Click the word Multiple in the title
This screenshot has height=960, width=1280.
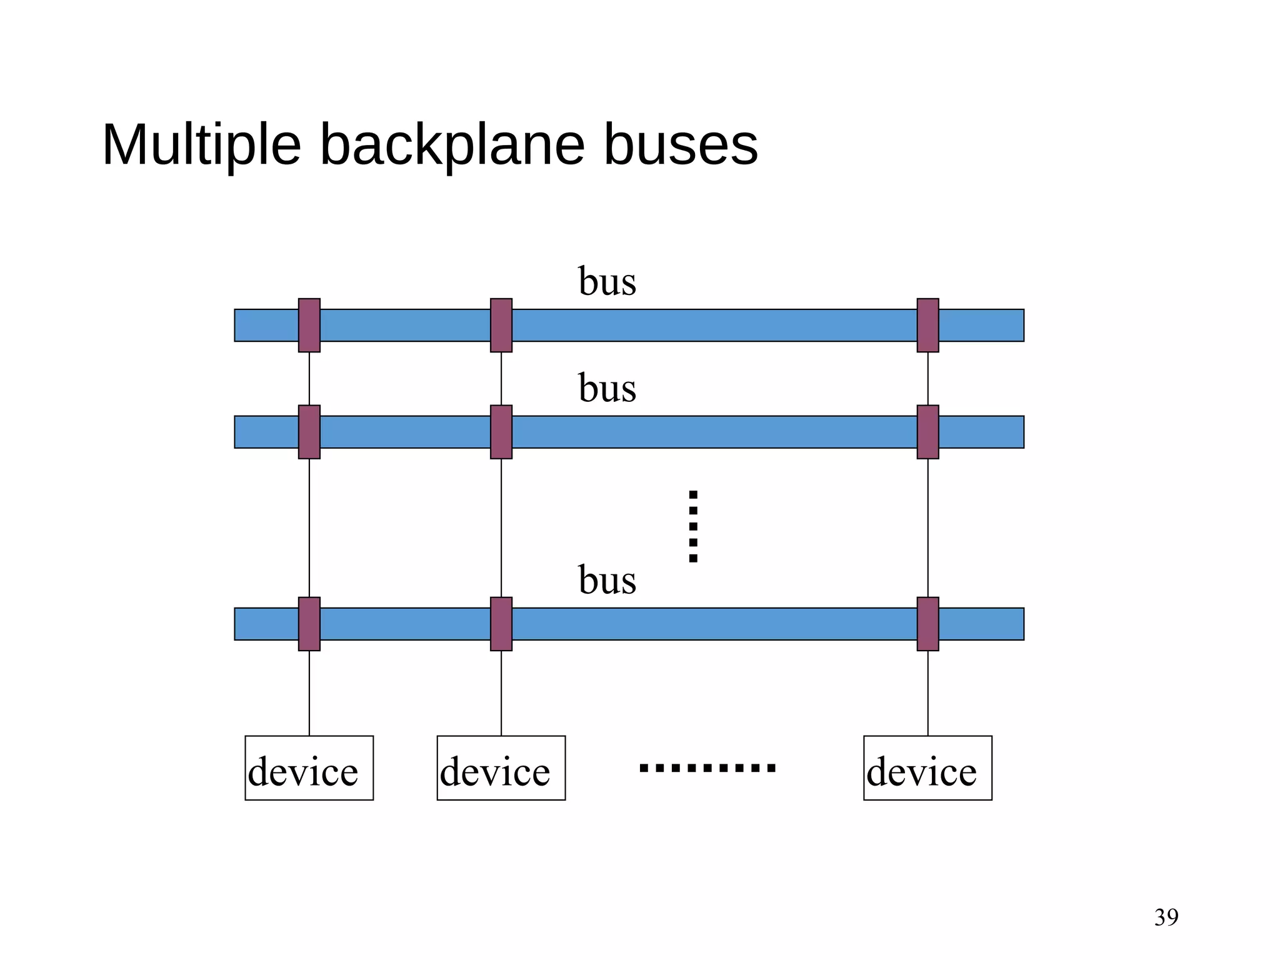pyautogui.click(x=201, y=145)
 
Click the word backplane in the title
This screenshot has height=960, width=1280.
pyautogui.click(x=452, y=145)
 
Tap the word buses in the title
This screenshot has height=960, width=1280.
pyautogui.click(x=681, y=145)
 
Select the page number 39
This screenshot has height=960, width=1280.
pyautogui.click(x=1166, y=917)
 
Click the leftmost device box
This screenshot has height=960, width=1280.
pyautogui.click(x=309, y=768)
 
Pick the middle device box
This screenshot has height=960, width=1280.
pyautogui.click(x=501, y=768)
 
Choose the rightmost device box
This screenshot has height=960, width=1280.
pyautogui.click(x=927, y=768)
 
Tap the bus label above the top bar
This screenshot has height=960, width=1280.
pyautogui.click(x=607, y=281)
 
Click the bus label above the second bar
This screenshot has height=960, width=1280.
pyautogui.click(x=607, y=388)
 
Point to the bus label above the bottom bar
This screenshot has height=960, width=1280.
pyautogui.click(x=607, y=580)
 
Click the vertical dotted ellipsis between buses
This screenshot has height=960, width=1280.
pyautogui.click(x=693, y=526)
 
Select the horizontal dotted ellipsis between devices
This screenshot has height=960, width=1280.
pyautogui.click(x=707, y=768)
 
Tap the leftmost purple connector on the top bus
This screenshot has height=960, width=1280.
pyautogui.click(x=309, y=325)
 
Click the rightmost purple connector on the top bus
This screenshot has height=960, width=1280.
pyautogui.click(x=927, y=325)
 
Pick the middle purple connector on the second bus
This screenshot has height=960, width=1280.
pyautogui.click(x=501, y=432)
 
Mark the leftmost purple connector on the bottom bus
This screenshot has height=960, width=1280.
pyautogui.click(x=309, y=624)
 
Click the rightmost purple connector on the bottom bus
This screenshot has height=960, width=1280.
pyautogui.click(x=927, y=624)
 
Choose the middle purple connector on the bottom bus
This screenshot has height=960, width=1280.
pyautogui.click(x=501, y=624)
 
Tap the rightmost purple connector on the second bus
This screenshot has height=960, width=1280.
pyautogui.click(x=927, y=432)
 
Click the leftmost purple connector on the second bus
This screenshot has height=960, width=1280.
pyautogui.click(x=309, y=432)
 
